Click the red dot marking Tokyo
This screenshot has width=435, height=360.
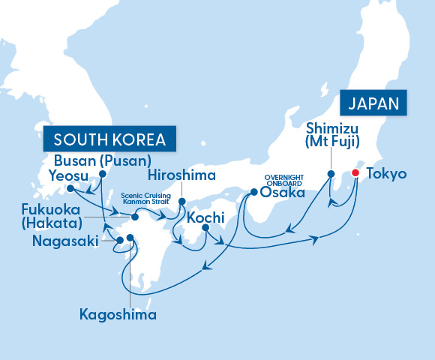pyautogui.click(x=355, y=173)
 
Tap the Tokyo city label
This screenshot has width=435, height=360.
pyautogui.click(x=387, y=174)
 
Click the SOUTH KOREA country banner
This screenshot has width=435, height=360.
pyautogui.click(x=109, y=139)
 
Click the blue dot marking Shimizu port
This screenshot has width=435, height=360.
pyautogui.click(x=330, y=174)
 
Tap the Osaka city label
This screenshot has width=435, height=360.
pyautogui.click(x=282, y=193)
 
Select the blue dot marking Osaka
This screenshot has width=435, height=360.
pyautogui.click(x=253, y=192)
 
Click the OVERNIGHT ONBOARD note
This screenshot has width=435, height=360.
pyautogui.click(x=283, y=179)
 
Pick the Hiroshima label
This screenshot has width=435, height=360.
pyautogui.click(x=181, y=175)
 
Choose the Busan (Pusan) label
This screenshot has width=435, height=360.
pyautogui.click(x=103, y=160)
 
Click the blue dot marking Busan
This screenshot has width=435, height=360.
pyautogui.click(x=102, y=173)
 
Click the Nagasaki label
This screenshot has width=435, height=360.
pyautogui.click(x=64, y=241)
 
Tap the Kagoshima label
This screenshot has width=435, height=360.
pyautogui.click(x=118, y=314)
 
